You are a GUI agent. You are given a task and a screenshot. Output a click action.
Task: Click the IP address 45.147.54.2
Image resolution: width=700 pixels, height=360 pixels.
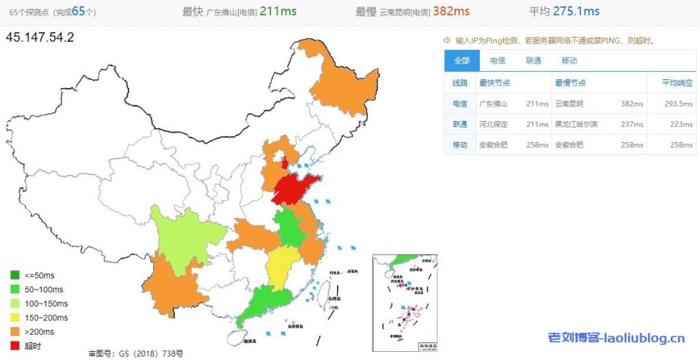pyautogui.click(x=40, y=38)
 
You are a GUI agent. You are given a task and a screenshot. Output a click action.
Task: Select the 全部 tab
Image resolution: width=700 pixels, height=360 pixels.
pyautogui.click(x=461, y=61)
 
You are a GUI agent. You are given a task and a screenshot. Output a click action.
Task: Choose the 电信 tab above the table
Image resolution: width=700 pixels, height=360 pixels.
pyautogui.click(x=498, y=61)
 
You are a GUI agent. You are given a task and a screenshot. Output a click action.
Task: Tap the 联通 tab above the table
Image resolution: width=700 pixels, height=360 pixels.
pyautogui.click(x=533, y=61)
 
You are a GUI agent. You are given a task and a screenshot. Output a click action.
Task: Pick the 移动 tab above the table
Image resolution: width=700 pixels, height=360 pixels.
pyautogui.click(x=569, y=61)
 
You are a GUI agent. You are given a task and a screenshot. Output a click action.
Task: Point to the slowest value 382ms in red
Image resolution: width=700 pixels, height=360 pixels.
pyautogui.click(x=451, y=11)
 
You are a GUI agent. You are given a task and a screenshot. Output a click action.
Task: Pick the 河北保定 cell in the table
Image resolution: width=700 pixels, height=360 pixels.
pyautogui.click(x=494, y=124)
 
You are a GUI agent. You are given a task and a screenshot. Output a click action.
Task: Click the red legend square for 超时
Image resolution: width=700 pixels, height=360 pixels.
pyautogui.click(x=14, y=346)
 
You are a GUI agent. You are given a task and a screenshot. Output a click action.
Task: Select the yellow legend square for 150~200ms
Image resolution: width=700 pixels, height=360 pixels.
pyautogui.click(x=14, y=318)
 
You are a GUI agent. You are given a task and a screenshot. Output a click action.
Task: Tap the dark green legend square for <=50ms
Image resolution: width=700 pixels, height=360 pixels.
pyautogui.click(x=14, y=275)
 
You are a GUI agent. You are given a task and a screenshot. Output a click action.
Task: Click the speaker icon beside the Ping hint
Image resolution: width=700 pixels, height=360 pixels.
pyautogui.click(x=447, y=40)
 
